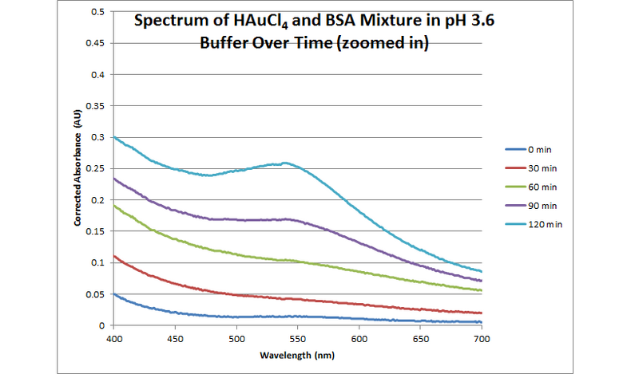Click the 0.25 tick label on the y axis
point(95,168)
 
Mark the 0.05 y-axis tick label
point(95,294)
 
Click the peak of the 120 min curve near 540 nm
point(284,163)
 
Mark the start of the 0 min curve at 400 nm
point(114,294)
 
